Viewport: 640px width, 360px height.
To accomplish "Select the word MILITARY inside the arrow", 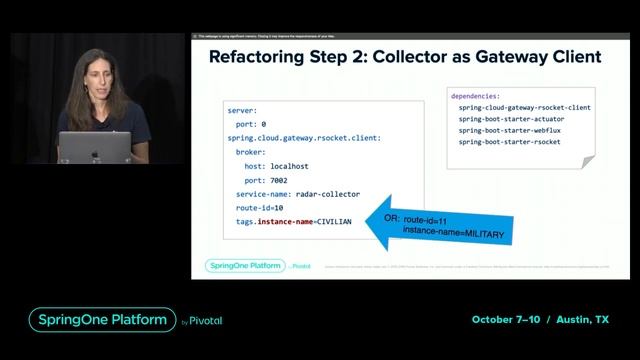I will (484, 232).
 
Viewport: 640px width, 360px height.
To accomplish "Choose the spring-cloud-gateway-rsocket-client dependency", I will (524, 107).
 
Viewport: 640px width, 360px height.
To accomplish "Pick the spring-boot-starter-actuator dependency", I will (513, 119).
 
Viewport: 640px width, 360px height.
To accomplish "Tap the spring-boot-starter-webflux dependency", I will (511, 131).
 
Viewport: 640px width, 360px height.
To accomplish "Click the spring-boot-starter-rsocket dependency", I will (510, 143).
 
